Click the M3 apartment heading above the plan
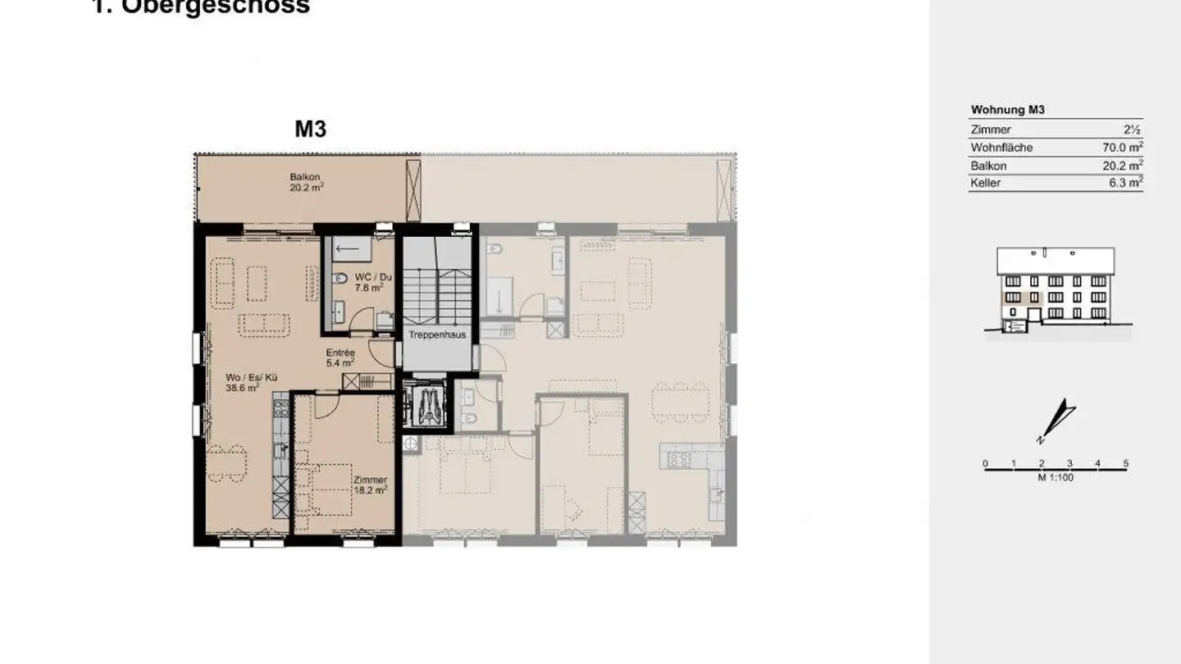pos(311,130)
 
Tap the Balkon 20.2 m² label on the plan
pos(305,182)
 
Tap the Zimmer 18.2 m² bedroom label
pos(370,484)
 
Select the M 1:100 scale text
pos(1055,477)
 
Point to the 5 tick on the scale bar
pos(1125,464)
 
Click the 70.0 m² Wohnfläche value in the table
pos(1122,148)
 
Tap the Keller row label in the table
pos(985,183)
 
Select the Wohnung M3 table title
pos(1007,110)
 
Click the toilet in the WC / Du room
pos(340,279)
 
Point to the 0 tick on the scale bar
pos(985,464)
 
